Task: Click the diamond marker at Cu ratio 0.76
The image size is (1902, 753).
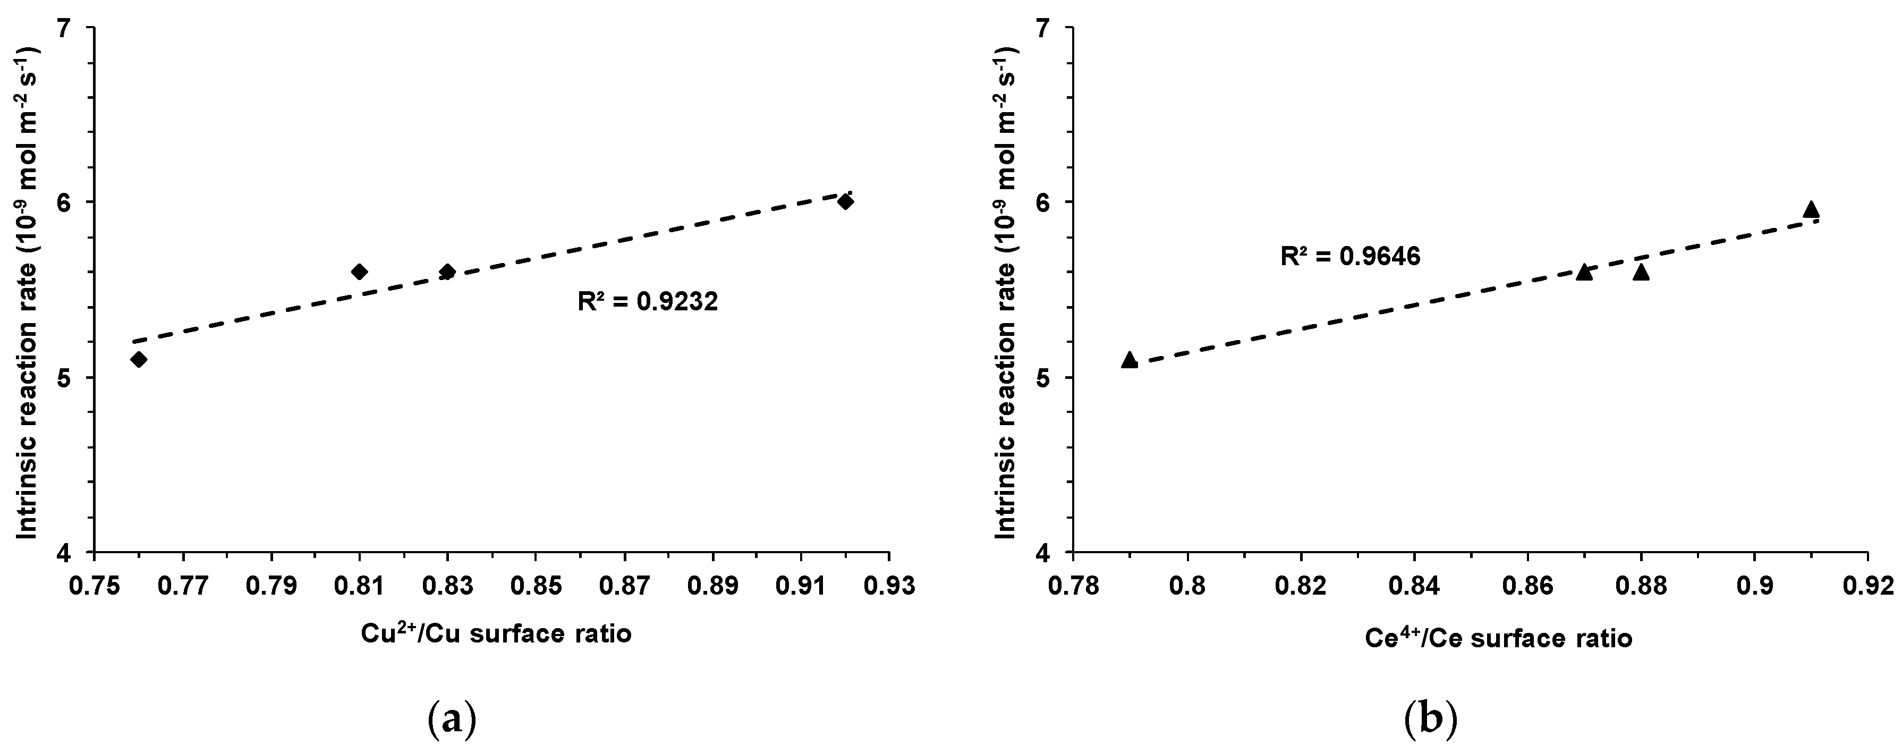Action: (x=139, y=360)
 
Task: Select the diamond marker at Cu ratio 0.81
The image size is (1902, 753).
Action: (x=360, y=272)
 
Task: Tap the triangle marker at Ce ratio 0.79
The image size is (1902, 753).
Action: (x=1130, y=360)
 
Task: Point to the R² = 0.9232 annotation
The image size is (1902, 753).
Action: (x=648, y=302)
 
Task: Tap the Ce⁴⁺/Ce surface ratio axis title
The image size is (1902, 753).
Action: (x=1498, y=638)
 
